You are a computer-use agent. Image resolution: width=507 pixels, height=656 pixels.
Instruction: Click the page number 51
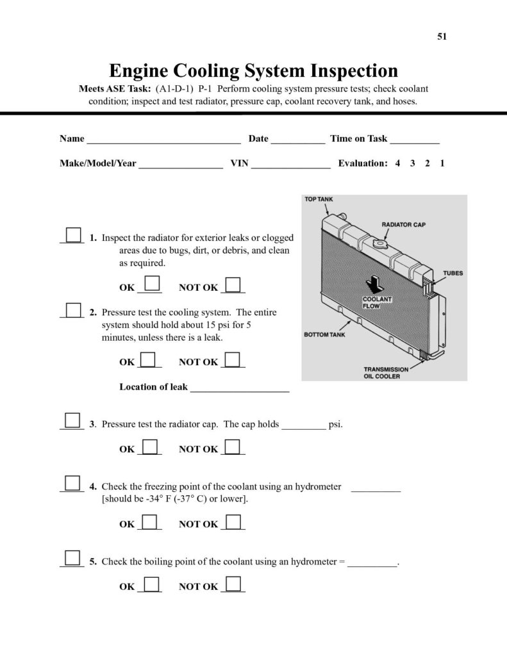pyautogui.click(x=442, y=37)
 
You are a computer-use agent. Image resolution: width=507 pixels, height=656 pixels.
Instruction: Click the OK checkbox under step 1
pyautogui.click(x=152, y=284)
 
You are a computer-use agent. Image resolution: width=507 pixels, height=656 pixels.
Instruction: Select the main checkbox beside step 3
pyautogui.click(x=72, y=420)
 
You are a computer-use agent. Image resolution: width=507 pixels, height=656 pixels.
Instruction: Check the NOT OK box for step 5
pyautogui.click(x=233, y=584)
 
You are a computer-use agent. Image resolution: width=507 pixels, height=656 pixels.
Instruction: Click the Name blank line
pyautogui.click(x=163, y=140)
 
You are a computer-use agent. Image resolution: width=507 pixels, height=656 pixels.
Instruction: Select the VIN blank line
pyautogui.click(x=290, y=165)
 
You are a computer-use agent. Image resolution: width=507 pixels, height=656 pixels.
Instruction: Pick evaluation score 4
pyautogui.click(x=397, y=163)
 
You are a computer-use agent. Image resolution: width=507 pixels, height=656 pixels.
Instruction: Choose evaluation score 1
pyautogui.click(x=442, y=163)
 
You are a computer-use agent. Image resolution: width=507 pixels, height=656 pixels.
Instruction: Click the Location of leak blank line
pyautogui.click(x=240, y=388)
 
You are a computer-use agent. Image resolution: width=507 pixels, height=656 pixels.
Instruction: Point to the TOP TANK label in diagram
pyautogui.click(x=319, y=199)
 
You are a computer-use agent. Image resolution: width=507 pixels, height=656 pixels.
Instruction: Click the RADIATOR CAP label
pyautogui.click(x=404, y=225)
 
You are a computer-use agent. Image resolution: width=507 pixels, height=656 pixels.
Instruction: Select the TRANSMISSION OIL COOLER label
pyautogui.click(x=386, y=373)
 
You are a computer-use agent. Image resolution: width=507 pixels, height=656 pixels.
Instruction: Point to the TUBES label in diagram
pyautogui.click(x=453, y=274)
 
